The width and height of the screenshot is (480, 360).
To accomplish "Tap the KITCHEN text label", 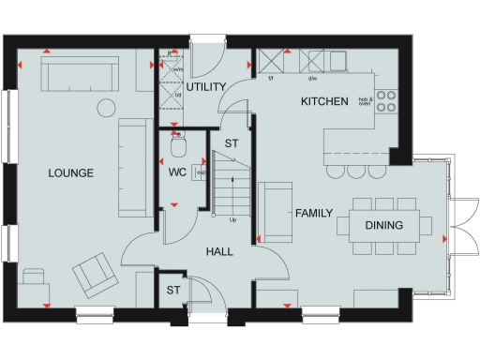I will point(324,100).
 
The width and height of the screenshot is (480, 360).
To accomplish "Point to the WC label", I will point(177,173).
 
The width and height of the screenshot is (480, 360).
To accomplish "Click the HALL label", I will point(218,251).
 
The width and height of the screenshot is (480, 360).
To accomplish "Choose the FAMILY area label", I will point(314,214).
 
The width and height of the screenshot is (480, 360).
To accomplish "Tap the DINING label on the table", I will point(383,225).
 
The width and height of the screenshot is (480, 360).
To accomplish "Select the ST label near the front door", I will point(172,292).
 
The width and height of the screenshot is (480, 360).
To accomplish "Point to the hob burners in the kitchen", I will point(386,101).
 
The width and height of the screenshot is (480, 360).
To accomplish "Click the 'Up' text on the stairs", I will point(232,221).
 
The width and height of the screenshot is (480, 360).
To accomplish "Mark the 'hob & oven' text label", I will point(365,101).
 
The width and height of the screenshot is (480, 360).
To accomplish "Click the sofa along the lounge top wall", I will point(79,71).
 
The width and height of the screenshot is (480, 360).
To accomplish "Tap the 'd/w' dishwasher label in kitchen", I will point(311,80).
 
